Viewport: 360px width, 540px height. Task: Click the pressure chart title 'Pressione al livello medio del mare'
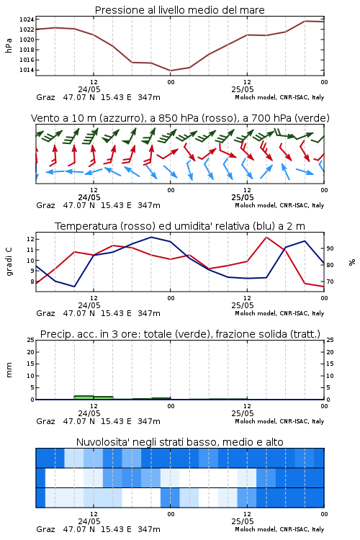tap(179, 10)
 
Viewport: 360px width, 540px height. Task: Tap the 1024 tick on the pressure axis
tap(27, 19)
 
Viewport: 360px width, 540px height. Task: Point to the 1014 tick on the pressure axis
tap(27, 71)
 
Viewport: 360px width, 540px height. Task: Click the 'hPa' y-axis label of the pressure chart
tap(9, 45)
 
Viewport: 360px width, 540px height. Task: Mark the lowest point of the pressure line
tap(170, 71)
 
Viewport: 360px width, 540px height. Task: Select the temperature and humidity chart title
tap(180, 226)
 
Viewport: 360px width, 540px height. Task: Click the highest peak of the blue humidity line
tap(151, 237)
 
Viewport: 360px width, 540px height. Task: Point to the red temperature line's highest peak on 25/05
tap(266, 237)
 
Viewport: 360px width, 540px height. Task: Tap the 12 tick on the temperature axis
tap(31, 239)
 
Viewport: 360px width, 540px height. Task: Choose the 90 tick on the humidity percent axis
tap(330, 248)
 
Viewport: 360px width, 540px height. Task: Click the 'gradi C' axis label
tap(9, 261)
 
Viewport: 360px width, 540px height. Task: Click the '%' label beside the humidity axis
tap(352, 262)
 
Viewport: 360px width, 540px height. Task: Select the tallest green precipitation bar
tap(84, 397)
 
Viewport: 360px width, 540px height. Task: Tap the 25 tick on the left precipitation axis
tap(31, 340)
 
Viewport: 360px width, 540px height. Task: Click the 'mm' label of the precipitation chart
tap(9, 370)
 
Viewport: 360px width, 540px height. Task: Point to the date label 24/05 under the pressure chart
tap(89, 89)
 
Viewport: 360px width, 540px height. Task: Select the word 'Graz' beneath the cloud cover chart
tap(45, 529)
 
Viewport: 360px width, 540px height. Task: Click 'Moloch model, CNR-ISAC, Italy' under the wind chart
tap(279, 205)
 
